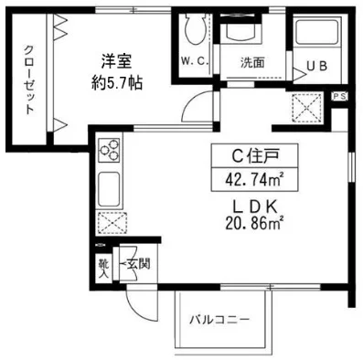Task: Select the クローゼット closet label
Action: coord(29,80)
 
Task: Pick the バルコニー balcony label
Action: coord(219,320)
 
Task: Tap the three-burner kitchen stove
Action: coord(109,149)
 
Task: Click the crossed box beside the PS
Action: coord(304,109)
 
